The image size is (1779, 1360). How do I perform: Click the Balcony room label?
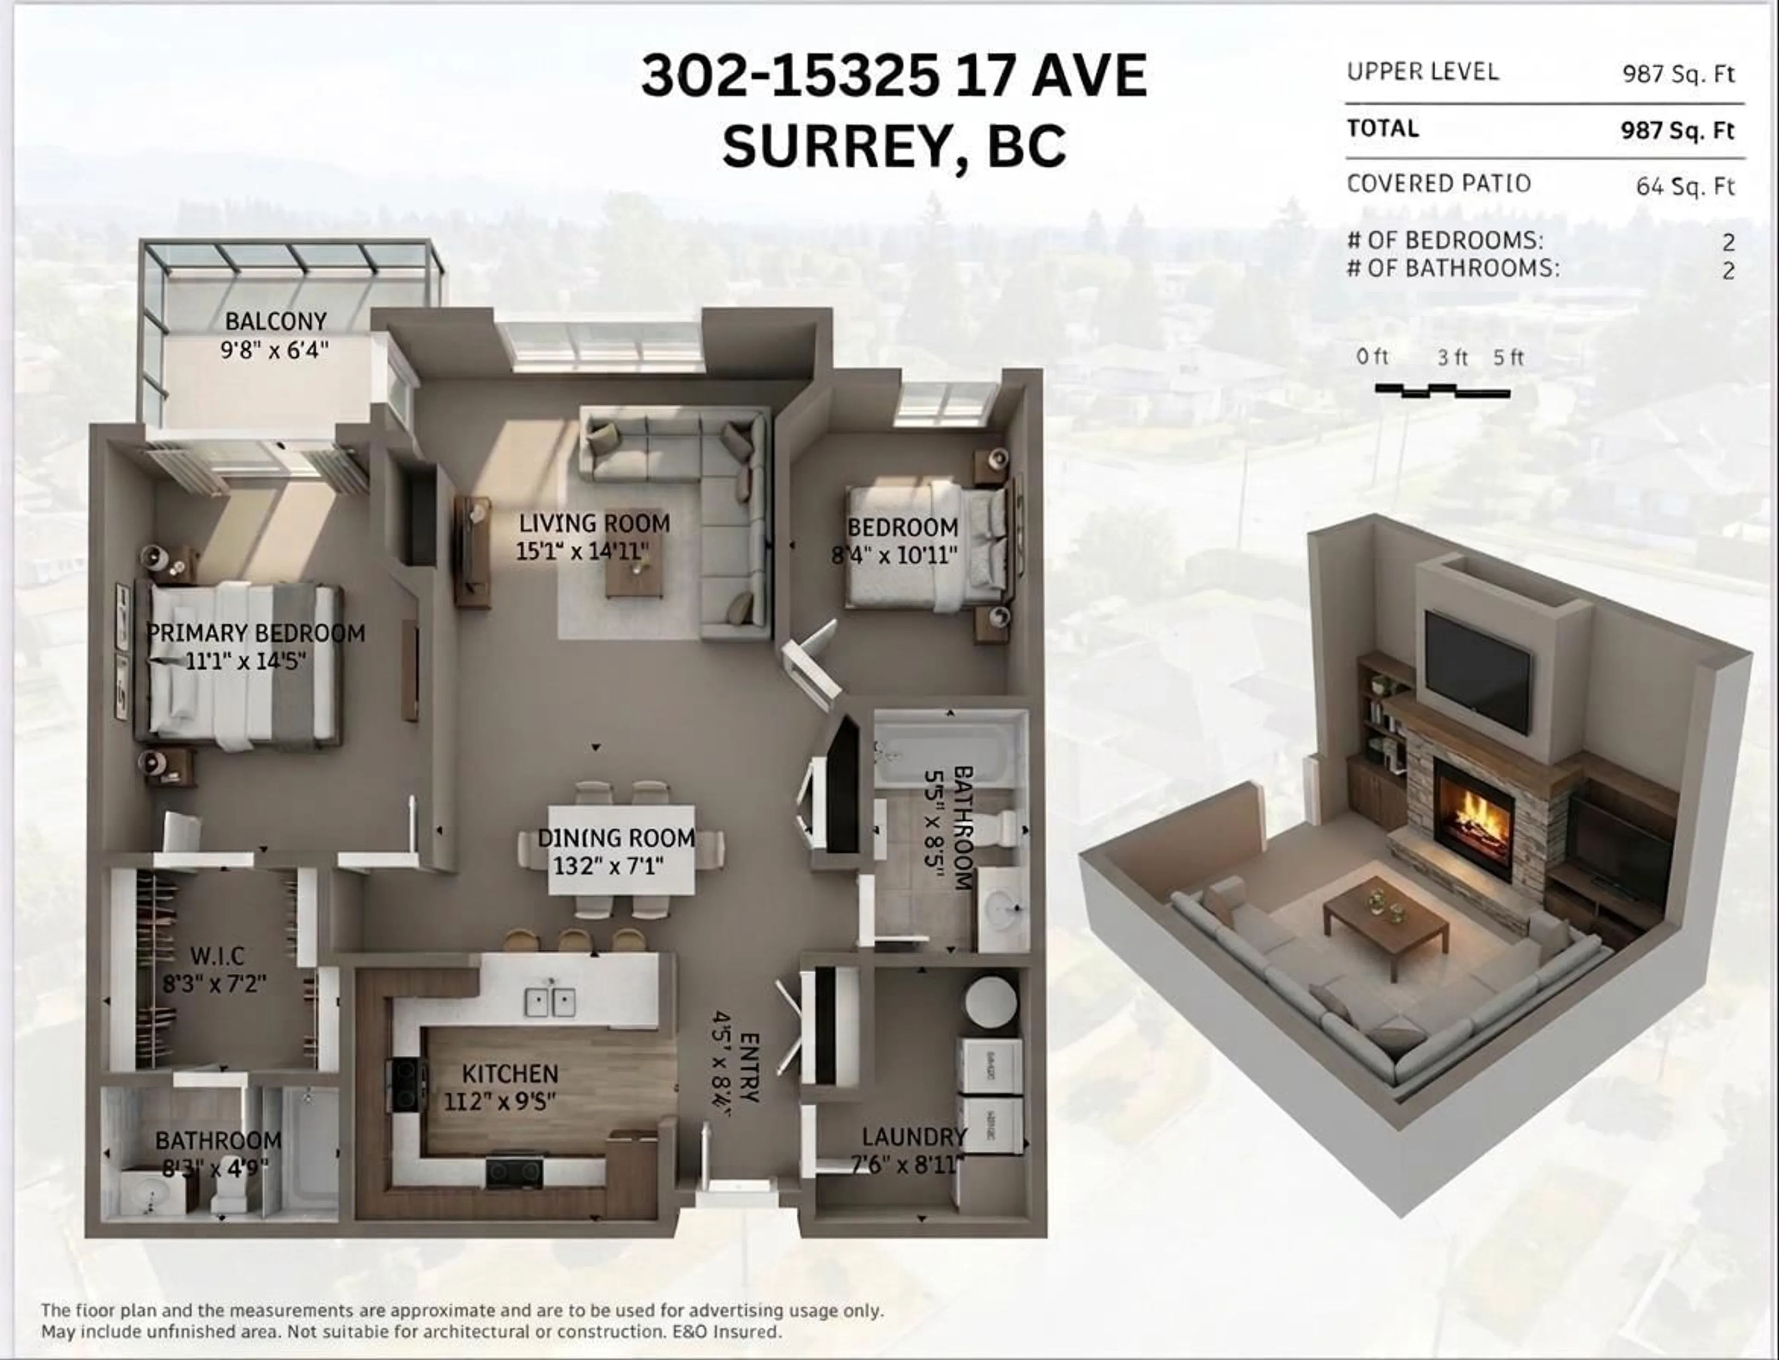pyautogui.click(x=275, y=321)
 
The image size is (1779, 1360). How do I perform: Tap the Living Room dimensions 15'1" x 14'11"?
pyautogui.click(x=583, y=551)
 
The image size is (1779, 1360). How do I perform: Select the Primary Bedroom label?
pyautogui.click(x=256, y=633)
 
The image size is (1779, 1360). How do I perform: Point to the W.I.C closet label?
pyautogui.click(x=216, y=956)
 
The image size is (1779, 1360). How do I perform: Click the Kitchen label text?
pyautogui.click(x=510, y=1074)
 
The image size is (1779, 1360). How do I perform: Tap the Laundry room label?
pyautogui.click(x=914, y=1137)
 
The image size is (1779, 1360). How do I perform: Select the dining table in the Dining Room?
pyautogui.click(x=621, y=849)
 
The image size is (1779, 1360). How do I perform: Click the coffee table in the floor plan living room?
pyautogui.click(x=634, y=573)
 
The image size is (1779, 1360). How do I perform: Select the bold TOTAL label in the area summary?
pyautogui.click(x=1383, y=129)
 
